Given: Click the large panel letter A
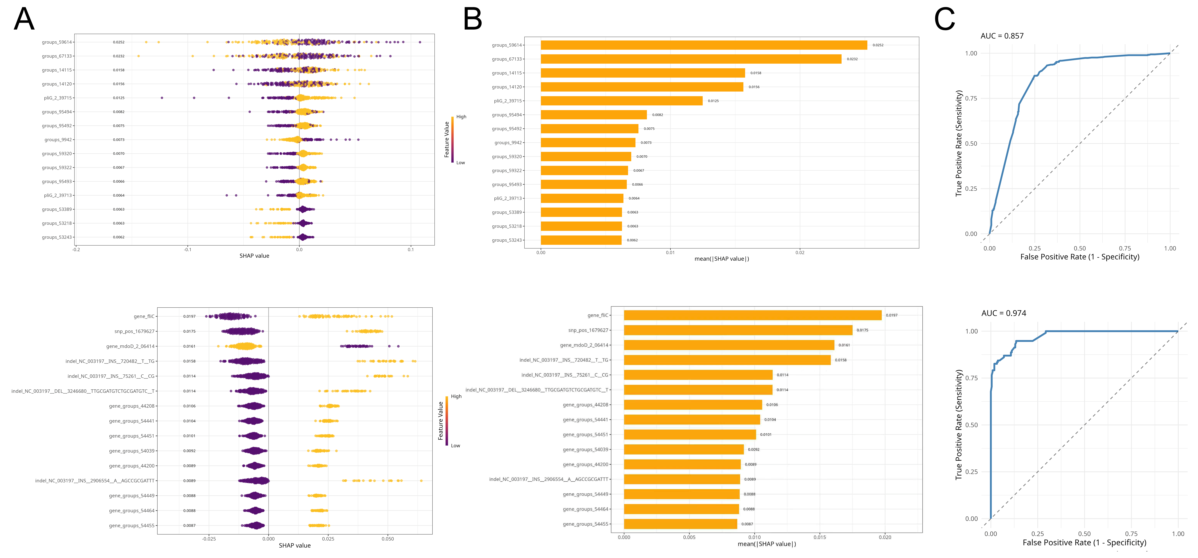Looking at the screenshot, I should pos(24,20).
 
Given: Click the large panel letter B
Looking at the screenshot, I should pos(473,20).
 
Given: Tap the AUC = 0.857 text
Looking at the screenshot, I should pos(1002,36).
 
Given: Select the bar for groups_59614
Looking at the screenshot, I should pos(704,45).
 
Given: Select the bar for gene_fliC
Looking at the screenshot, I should pos(753,315).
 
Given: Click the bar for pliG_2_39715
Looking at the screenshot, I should pos(621,101).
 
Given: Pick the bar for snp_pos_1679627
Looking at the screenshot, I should pos(738,330).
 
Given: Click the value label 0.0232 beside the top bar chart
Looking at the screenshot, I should pos(852,59).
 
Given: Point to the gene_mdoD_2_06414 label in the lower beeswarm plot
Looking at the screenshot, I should pos(130,346).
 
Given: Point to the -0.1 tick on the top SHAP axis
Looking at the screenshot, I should pos(187,250).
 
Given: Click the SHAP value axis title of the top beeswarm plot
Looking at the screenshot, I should pos(254,256).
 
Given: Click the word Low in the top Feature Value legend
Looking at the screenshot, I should pos(460,163).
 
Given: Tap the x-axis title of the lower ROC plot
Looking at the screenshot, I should pos(1084,543).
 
